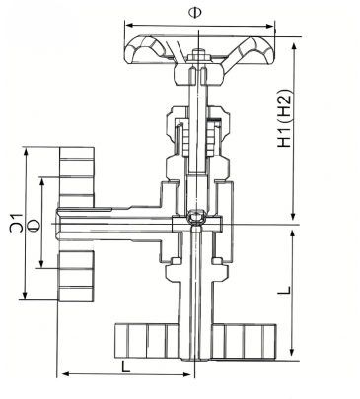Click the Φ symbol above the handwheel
tap(195, 13)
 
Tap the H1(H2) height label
tap(285, 118)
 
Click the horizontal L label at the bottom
tap(125, 366)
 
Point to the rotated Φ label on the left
tap(35, 225)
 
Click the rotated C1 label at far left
tap(17, 223)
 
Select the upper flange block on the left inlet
tap(77, 177)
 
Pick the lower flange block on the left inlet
tap(76, 276)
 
